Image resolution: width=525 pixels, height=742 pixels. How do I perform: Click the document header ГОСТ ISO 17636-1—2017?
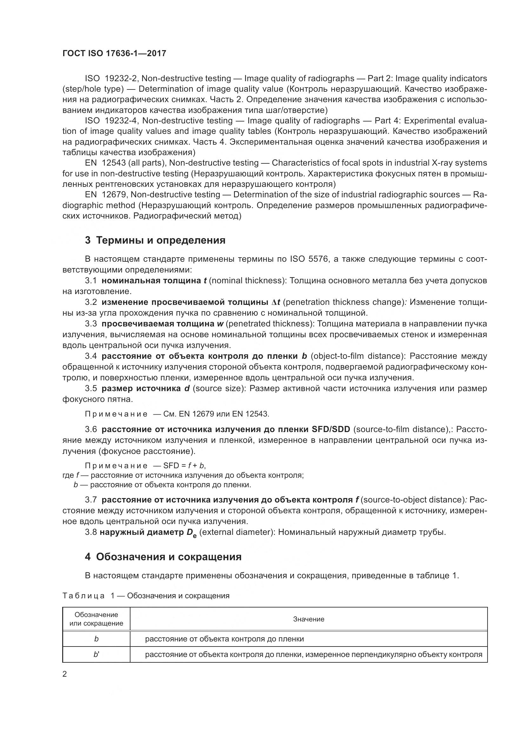click(x=114, y=53)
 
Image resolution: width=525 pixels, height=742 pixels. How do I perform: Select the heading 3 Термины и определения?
click(x=155, y=240)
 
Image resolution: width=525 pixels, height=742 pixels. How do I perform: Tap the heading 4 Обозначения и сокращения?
click(x=163, y=557)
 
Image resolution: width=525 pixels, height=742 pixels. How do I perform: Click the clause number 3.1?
click(x=91, y=280)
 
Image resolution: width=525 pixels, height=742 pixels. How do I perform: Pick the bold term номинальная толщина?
click(x=151, y=280)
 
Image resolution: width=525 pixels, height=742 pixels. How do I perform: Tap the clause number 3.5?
click(x=91, y=389)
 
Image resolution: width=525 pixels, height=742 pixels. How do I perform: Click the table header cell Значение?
click(x=309, y=619)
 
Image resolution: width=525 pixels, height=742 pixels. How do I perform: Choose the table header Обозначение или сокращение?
click(x=96, y=619)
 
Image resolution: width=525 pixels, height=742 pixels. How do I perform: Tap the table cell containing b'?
click(x=96, y=654)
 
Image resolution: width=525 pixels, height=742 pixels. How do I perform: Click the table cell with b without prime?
click(x=96, y=639)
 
